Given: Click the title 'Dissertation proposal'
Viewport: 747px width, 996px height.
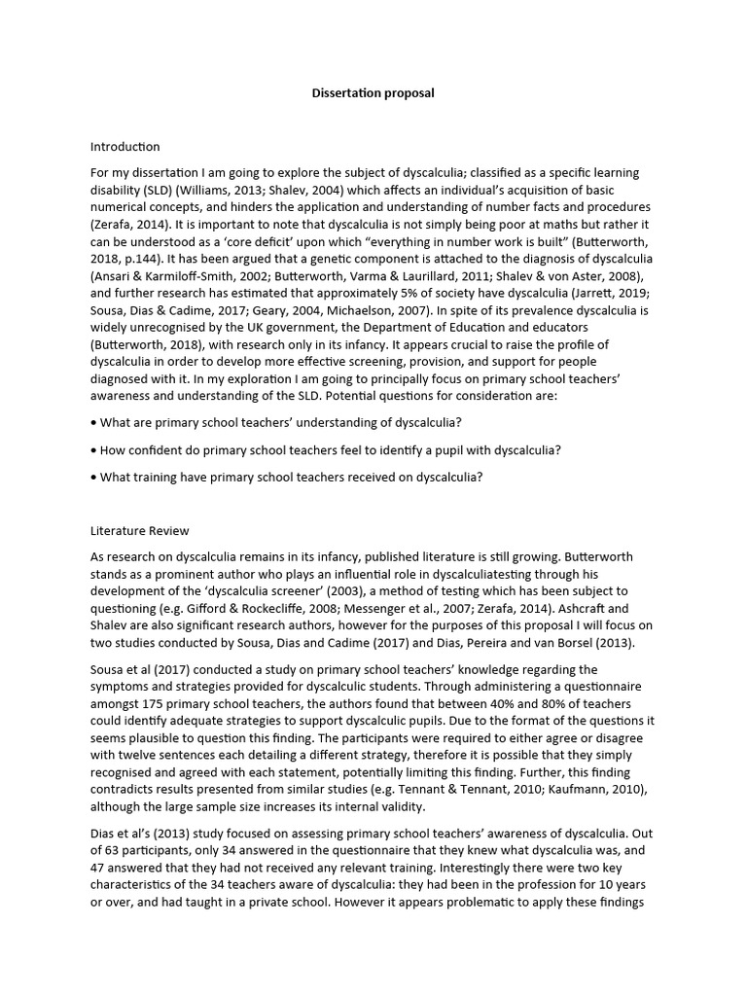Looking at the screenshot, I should click(x=373, y=93).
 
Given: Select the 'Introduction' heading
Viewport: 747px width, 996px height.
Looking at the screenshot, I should click(x=124, y=147).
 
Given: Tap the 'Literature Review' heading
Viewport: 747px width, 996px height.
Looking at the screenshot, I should click(x=139, y=531).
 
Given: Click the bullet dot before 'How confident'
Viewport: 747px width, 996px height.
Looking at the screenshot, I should click(x=93, y=450).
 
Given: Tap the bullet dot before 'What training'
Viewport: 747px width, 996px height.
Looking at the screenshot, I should click(x=93, y=477).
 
